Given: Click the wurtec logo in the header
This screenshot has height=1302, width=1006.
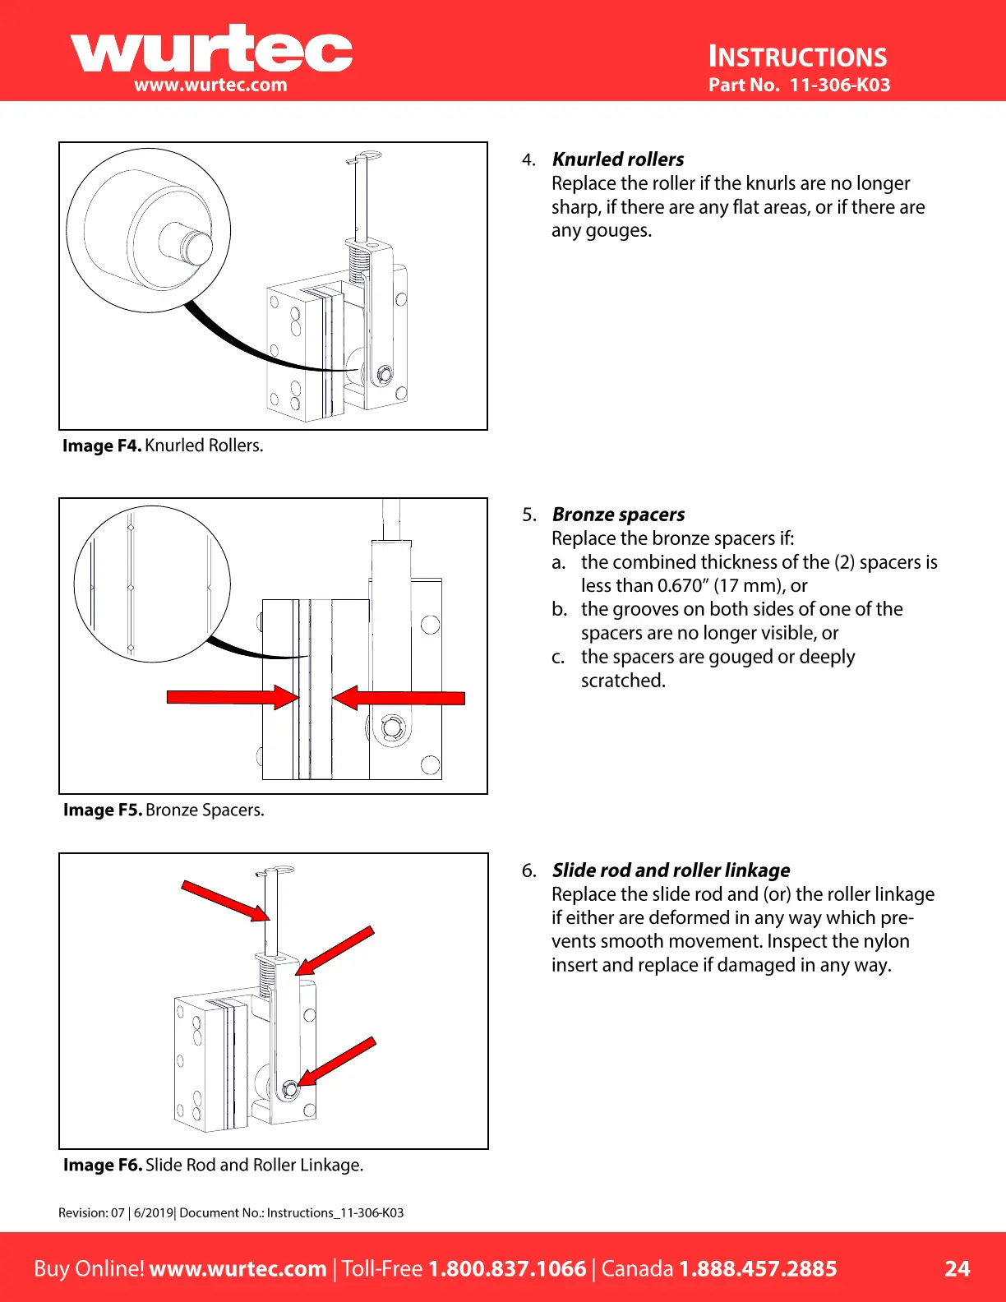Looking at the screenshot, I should pyautogui.click(x=211, y=49).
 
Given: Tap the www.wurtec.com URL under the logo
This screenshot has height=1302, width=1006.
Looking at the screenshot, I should pyautogui.click(x=210, y=85).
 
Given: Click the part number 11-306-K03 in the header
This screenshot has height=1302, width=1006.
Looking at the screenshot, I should pyautogui.click(x=839, y=85).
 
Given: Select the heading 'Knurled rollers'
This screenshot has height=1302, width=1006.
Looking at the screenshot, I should pyautogui.click(x=618, y=159).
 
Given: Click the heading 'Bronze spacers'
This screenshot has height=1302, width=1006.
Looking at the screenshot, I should pyautogui.click(x=618, y=515).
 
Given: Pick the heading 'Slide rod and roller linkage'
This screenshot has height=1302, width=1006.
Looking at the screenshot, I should pyautogui.click(x=671, y=870).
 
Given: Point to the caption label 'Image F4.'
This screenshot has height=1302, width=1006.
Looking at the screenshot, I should pyautogui.click(x=102, y=446).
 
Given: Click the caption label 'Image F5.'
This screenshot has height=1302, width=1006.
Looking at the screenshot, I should pyautogui.click(x=103, y=810).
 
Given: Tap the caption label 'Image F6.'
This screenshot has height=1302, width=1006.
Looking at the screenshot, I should pyautogui.click(x=103, y=1165).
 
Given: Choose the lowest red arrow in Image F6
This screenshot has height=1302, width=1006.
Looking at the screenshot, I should pyautogui.click(x=337, y=1062).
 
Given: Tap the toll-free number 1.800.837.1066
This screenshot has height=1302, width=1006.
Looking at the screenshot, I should pyautogui.click(x=507, y=1268).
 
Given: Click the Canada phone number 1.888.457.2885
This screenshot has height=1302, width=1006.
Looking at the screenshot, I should pyautogui.click(x=757, y=1268).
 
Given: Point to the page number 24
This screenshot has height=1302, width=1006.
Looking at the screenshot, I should pyautogui.click(x=957, y=1268).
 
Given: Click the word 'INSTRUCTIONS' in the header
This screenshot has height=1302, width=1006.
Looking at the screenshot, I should pyautogui.click(x=797, y=57).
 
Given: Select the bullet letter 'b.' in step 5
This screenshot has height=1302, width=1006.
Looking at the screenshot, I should pyautogui.click(x=560, y=609).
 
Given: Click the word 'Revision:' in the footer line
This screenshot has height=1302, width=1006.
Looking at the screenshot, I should pyautogui.click(x=83, y=1212).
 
